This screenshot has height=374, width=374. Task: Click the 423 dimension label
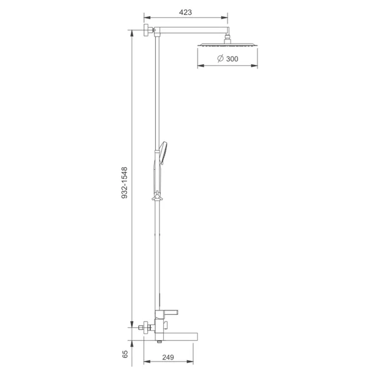185,12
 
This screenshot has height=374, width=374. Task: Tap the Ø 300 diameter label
228,59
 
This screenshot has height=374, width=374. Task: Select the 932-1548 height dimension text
125,183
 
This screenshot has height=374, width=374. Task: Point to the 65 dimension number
125,354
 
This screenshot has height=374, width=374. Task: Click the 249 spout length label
168,357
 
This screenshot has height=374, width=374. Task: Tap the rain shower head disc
228,45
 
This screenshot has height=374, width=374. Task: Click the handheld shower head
163,153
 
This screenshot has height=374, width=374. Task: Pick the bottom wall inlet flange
146,328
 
